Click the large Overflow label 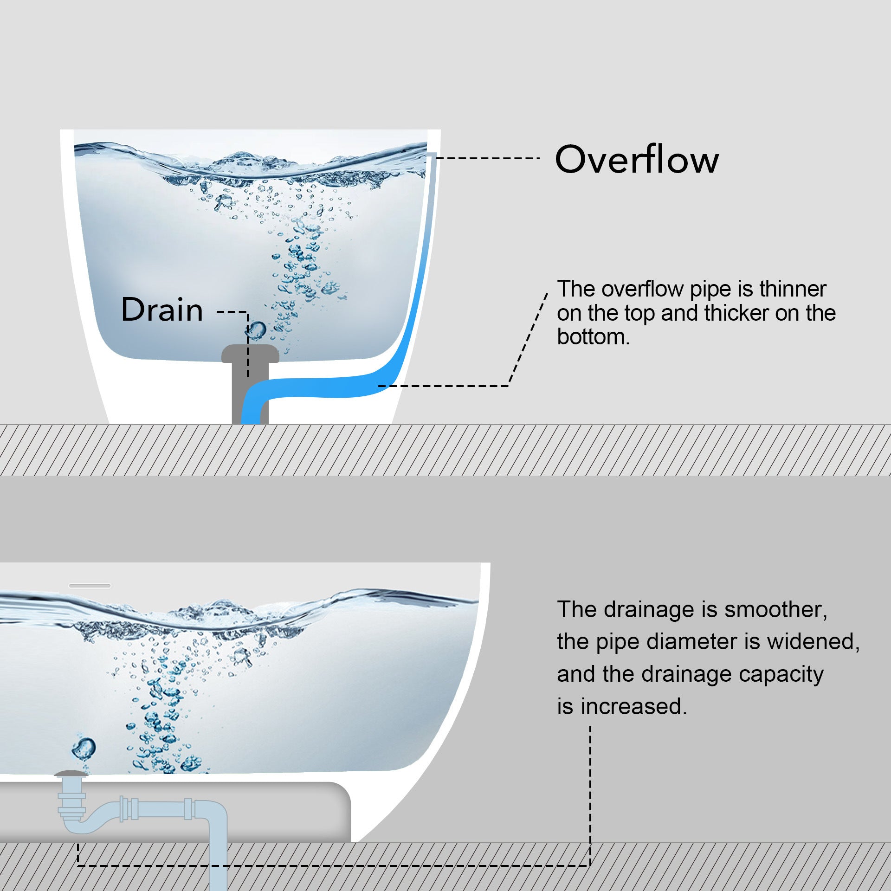(x=637, y=159)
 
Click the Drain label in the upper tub (x=162, y=310)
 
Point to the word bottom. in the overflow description (x=593, y=337)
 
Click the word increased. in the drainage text (x=633, y=707)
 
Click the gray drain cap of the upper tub (x=250, y=354)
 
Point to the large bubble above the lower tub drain (x=84, y=748)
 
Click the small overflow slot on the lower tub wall (x=90, y=586)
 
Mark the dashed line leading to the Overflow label (x=487, y=158)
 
